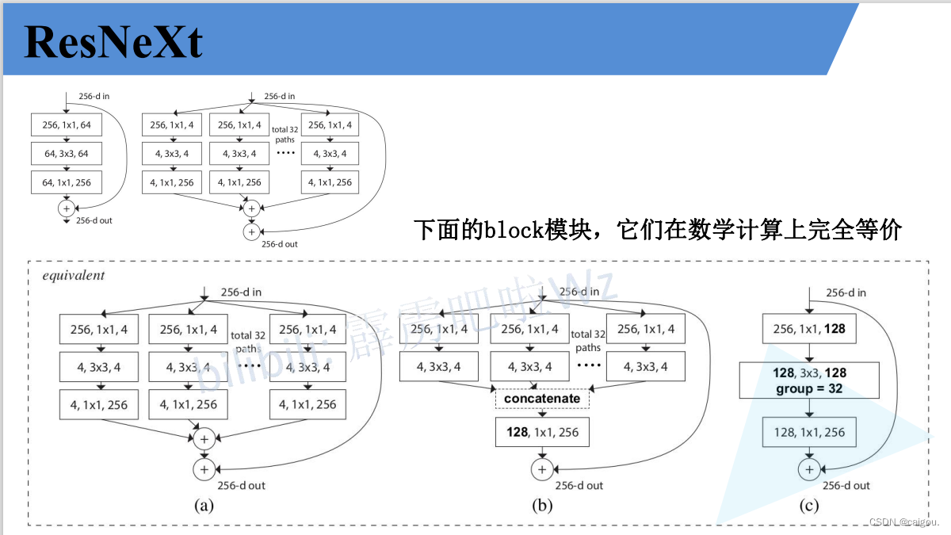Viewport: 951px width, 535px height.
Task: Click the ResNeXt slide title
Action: tap(113, 41)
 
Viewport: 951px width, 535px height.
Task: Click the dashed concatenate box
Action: tap(542, 398)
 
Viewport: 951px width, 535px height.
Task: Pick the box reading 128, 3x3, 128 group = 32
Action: tap(809, 380)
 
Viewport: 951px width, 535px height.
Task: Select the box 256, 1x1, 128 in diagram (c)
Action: tap(809, 329)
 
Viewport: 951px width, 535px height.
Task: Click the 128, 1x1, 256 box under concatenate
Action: tap(542, 433)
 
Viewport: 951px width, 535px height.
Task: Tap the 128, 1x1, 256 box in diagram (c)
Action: tap(809, 432)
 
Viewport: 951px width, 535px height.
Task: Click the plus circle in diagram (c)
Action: tap(809, 469)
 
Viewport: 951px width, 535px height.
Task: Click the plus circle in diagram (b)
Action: tap(542, 469)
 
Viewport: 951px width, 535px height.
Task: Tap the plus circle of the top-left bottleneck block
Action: tap(66, 208)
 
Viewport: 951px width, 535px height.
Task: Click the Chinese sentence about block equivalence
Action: tap(658, 230)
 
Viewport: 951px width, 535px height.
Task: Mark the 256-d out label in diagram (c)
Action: tap(846, 485)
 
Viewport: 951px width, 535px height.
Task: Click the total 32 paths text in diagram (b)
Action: tap(587, 341)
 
